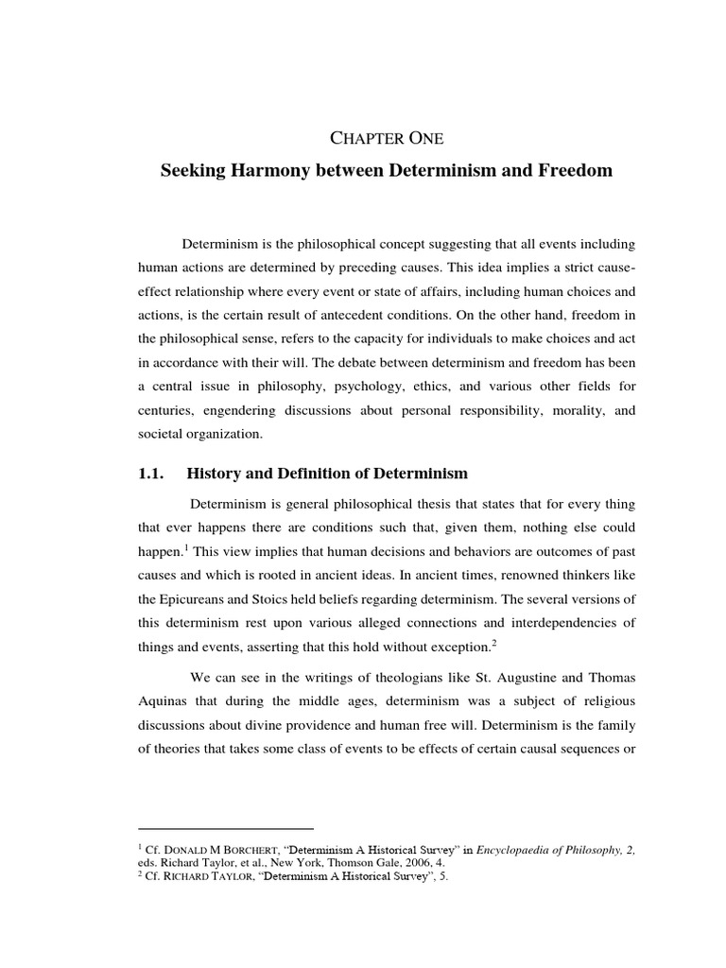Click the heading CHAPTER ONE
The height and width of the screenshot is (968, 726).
point(387,138)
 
